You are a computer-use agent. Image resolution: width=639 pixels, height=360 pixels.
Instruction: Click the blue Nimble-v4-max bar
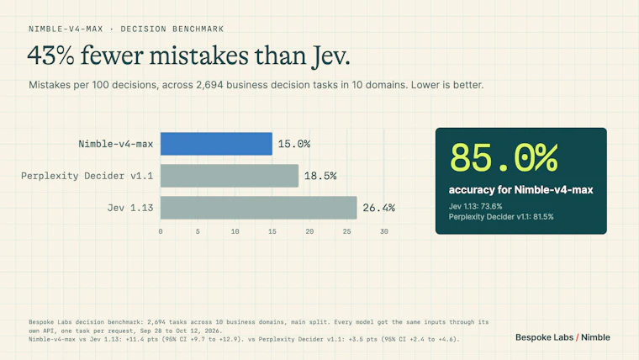[x=216, y=144]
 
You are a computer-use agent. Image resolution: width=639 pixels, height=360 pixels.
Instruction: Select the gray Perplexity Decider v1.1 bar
[x=230, y=176]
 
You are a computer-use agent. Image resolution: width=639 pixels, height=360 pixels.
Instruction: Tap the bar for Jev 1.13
[x=259, y=208]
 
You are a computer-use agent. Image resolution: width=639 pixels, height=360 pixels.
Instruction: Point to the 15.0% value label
[x=294, y=144]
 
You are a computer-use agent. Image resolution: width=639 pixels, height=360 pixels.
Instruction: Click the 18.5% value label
[x=320, y=176]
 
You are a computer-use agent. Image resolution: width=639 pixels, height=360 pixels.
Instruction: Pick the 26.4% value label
[x=379, y=208]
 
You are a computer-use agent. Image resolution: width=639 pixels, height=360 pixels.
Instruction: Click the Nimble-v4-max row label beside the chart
[x=116, y=144]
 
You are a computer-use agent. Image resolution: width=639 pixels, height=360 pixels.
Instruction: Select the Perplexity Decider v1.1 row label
[x=87, y=176]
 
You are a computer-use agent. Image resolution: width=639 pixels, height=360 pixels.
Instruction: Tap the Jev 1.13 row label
[x=130, y=208]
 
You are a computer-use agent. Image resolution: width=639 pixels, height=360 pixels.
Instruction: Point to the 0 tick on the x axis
[x=161, y=231]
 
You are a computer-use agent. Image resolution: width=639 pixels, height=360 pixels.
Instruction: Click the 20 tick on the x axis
[x=309, y=231]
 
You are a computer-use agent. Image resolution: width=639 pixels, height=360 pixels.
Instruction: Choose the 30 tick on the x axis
[x=384, y=231]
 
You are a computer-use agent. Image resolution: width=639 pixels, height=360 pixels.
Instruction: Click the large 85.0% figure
[x=504, y=158]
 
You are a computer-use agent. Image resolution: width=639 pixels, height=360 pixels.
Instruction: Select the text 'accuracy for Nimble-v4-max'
[x=520, y=189]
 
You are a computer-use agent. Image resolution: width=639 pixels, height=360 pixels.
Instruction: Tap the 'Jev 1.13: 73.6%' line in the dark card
[x=476, y=206]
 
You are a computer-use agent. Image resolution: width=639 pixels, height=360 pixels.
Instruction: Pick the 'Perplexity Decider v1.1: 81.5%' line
[x=501, y=217]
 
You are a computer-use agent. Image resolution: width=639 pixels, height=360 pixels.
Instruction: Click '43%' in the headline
[x=51, y=56]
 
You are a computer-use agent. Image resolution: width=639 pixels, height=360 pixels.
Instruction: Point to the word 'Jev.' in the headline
[x=331, y=56]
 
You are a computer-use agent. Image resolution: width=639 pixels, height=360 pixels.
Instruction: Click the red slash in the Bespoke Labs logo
[x=578, y=337]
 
